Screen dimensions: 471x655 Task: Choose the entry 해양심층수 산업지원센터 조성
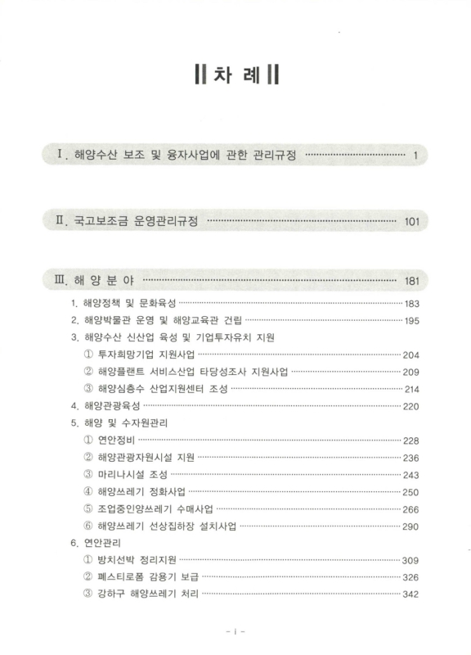[163, 389]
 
